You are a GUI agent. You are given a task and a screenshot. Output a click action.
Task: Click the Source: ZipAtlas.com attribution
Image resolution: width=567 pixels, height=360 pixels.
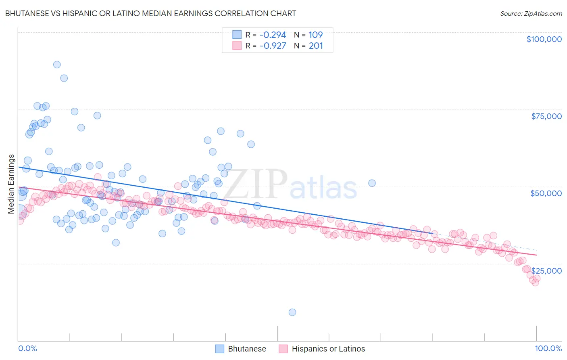coord(531,14)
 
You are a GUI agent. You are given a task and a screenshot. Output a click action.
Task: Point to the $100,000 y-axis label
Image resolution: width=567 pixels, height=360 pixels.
coord(544,39)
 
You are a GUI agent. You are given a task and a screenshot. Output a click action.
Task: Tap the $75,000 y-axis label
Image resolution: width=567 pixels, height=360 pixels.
coord(546,116)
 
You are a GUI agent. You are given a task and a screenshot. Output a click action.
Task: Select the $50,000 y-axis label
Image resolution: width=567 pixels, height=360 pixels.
coord(546,193)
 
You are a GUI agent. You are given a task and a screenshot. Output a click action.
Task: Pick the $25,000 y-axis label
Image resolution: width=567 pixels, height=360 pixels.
coord(547,271)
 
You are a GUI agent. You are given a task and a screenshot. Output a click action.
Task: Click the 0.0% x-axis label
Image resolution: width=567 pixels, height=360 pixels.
coord(27,348)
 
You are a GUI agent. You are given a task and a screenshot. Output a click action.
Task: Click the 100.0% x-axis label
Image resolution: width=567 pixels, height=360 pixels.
coord(548,348)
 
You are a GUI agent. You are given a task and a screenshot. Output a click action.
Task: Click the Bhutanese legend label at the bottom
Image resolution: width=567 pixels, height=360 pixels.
coord(247,349)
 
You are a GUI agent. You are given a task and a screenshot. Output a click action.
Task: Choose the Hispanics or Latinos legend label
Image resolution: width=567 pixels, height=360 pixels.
coord(328,349)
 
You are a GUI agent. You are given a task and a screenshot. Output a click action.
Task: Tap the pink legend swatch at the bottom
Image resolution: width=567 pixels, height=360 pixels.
coord(283,349)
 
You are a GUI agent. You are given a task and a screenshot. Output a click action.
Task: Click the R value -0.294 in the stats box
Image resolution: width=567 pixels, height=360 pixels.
coord(273,35)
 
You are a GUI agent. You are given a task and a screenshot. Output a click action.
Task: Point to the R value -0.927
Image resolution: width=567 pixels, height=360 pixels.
coord(273,46)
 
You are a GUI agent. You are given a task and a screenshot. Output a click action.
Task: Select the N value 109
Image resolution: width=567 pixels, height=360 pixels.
coord(316,35)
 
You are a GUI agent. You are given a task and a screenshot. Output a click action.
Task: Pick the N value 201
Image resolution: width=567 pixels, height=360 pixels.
coord(316,46)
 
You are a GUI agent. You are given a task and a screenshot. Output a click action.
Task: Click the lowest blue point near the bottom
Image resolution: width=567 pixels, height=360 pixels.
coord(292,312)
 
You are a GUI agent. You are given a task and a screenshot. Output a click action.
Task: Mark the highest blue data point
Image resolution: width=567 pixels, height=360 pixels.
coord(57,65)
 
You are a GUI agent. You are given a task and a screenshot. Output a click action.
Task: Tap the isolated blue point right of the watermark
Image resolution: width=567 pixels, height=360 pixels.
coord(372,183)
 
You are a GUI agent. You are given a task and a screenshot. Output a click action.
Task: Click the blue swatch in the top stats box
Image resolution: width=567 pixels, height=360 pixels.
coord(237,35)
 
